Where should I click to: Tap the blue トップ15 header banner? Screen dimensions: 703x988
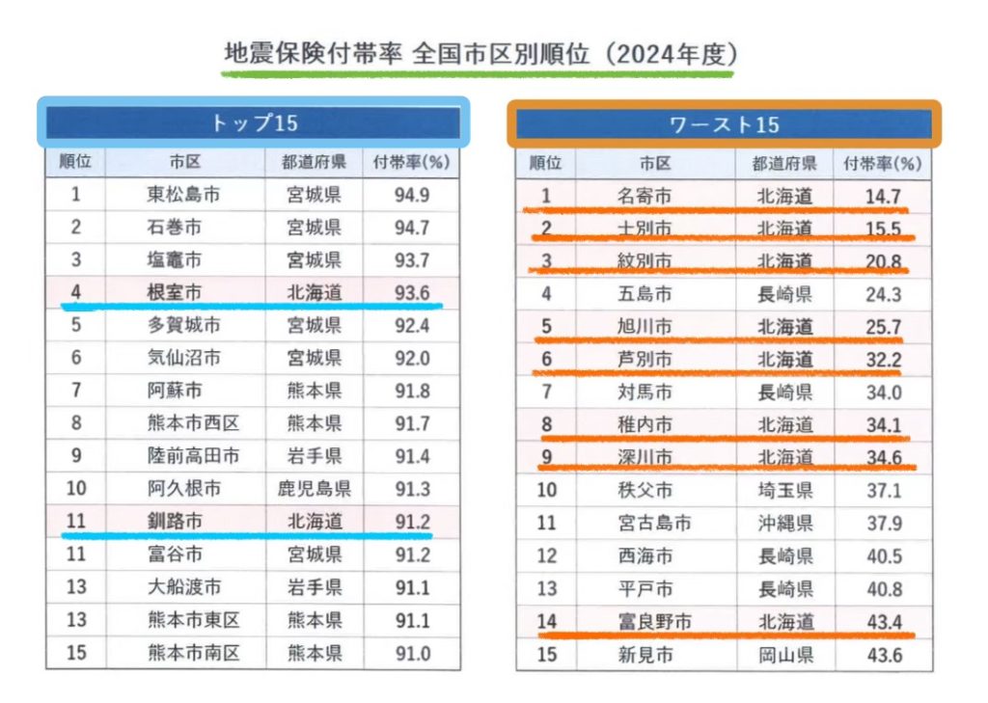254,122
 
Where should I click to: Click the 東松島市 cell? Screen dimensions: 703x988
183,195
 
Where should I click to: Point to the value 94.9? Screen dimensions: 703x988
412,195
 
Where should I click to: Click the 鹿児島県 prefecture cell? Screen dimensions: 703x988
315,489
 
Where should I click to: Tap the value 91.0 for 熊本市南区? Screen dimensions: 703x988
412,653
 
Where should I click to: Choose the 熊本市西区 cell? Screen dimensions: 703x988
193,423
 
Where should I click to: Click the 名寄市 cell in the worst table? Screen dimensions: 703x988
644,197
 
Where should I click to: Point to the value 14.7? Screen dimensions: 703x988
883,197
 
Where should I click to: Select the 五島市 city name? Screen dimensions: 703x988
644,294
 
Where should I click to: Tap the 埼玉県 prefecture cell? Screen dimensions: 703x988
783,490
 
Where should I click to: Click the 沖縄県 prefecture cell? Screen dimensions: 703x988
783,523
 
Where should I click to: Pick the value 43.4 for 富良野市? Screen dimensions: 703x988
883,622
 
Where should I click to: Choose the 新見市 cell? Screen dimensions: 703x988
644,655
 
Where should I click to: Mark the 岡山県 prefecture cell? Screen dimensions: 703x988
783,655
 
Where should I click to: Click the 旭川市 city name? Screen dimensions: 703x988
644,327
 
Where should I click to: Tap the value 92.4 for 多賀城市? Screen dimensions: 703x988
412,325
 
